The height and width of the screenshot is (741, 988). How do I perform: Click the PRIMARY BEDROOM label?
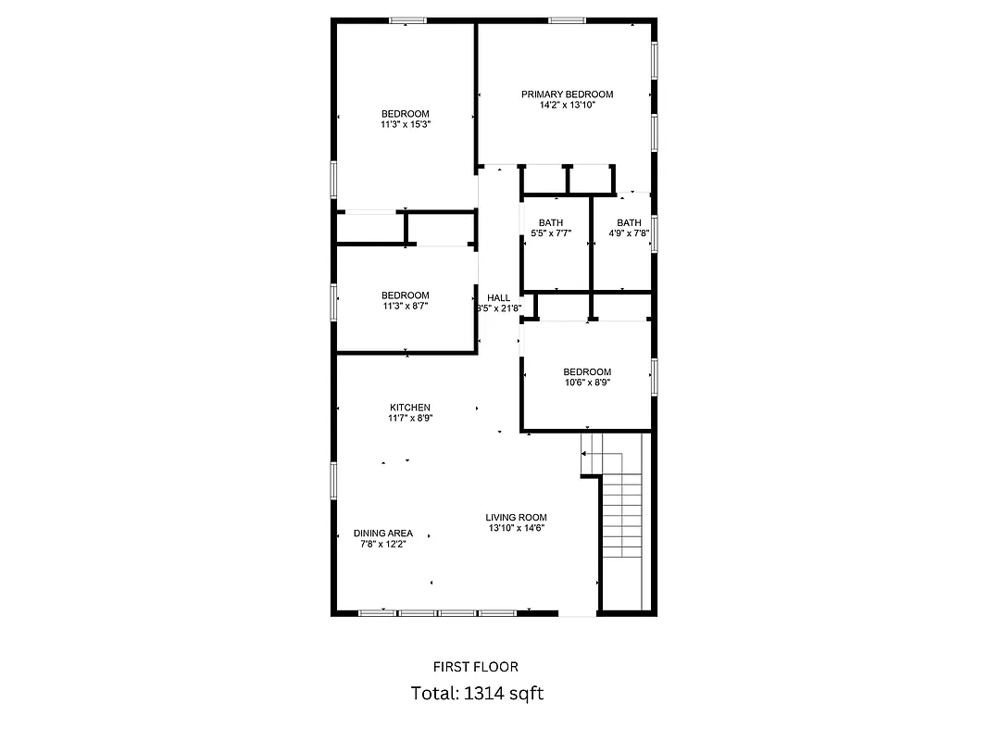[567, 94]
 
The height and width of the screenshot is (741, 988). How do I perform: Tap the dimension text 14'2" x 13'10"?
[567, 106]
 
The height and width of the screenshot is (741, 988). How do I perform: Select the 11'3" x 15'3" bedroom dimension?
[405, 124]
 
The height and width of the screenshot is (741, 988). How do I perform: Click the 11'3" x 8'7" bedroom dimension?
[405, 306]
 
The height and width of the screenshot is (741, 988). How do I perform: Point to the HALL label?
[498, 297]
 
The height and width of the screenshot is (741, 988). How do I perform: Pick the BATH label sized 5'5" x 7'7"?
[551, 222]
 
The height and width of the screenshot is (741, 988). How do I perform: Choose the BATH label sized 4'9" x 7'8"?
[629, 222]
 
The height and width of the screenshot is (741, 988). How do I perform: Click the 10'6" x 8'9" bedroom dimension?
[587, 383]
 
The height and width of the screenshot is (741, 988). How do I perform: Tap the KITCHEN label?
[409, 408]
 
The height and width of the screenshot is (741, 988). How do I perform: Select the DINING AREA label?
[382, 534]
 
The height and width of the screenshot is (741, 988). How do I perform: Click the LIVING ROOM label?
[516, 518]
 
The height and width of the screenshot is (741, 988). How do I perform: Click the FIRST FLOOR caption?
[476, 667]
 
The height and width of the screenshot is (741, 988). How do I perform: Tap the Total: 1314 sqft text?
[476, 693]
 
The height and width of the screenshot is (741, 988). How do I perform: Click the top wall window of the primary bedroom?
[567, 19]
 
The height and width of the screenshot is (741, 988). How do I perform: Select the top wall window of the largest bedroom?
[406, 19]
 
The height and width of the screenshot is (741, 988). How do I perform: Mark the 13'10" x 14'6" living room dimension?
[516, 529]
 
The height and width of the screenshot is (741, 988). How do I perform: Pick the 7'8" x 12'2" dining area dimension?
[382, 545]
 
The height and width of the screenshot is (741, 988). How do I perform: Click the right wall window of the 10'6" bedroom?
[654, 376]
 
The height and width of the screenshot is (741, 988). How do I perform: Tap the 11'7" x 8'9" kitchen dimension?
[409, 419]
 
